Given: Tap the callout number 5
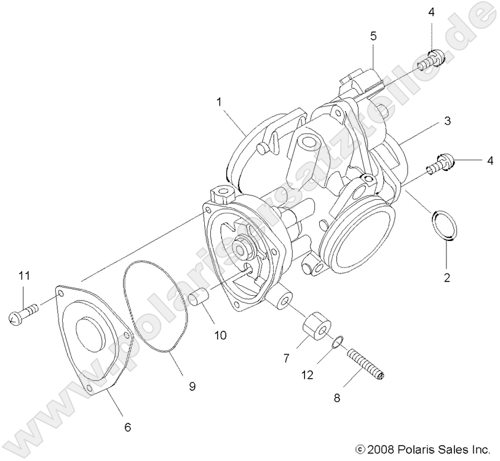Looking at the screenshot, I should [x=373, y=36].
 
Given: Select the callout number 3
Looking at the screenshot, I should [x=448, y=121].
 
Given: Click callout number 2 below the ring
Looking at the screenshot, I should [x=447, y=277].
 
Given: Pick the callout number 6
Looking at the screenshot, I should [x=127, y=426].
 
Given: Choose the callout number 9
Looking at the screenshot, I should [x=192, y=386].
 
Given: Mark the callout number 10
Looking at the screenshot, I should [x=220, y=335].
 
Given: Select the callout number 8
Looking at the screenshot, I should [x=336, y=398].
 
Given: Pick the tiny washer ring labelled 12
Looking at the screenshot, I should [x=337, y=342].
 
